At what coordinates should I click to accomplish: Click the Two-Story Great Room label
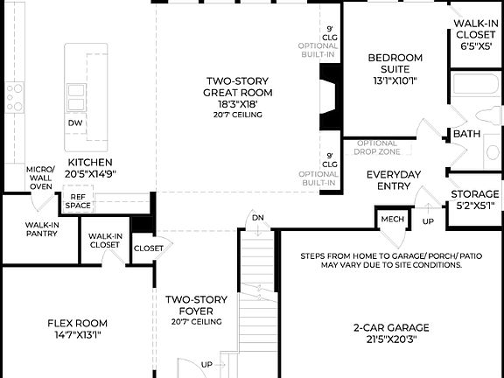tap(238, 87)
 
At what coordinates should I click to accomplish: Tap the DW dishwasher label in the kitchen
tap(76, 123)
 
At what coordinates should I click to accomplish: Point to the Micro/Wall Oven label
tap(40, 177)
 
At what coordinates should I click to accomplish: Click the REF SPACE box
tap(76, 202)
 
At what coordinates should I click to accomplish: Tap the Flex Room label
tap(77, 327)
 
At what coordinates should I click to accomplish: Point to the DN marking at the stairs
tap(257, 217)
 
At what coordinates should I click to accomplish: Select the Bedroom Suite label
tap(395, 64)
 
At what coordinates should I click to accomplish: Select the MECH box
tap(389, 217)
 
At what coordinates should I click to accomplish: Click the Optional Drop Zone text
tap(376, 147)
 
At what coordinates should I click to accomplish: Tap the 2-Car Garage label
tap(389, 333)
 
